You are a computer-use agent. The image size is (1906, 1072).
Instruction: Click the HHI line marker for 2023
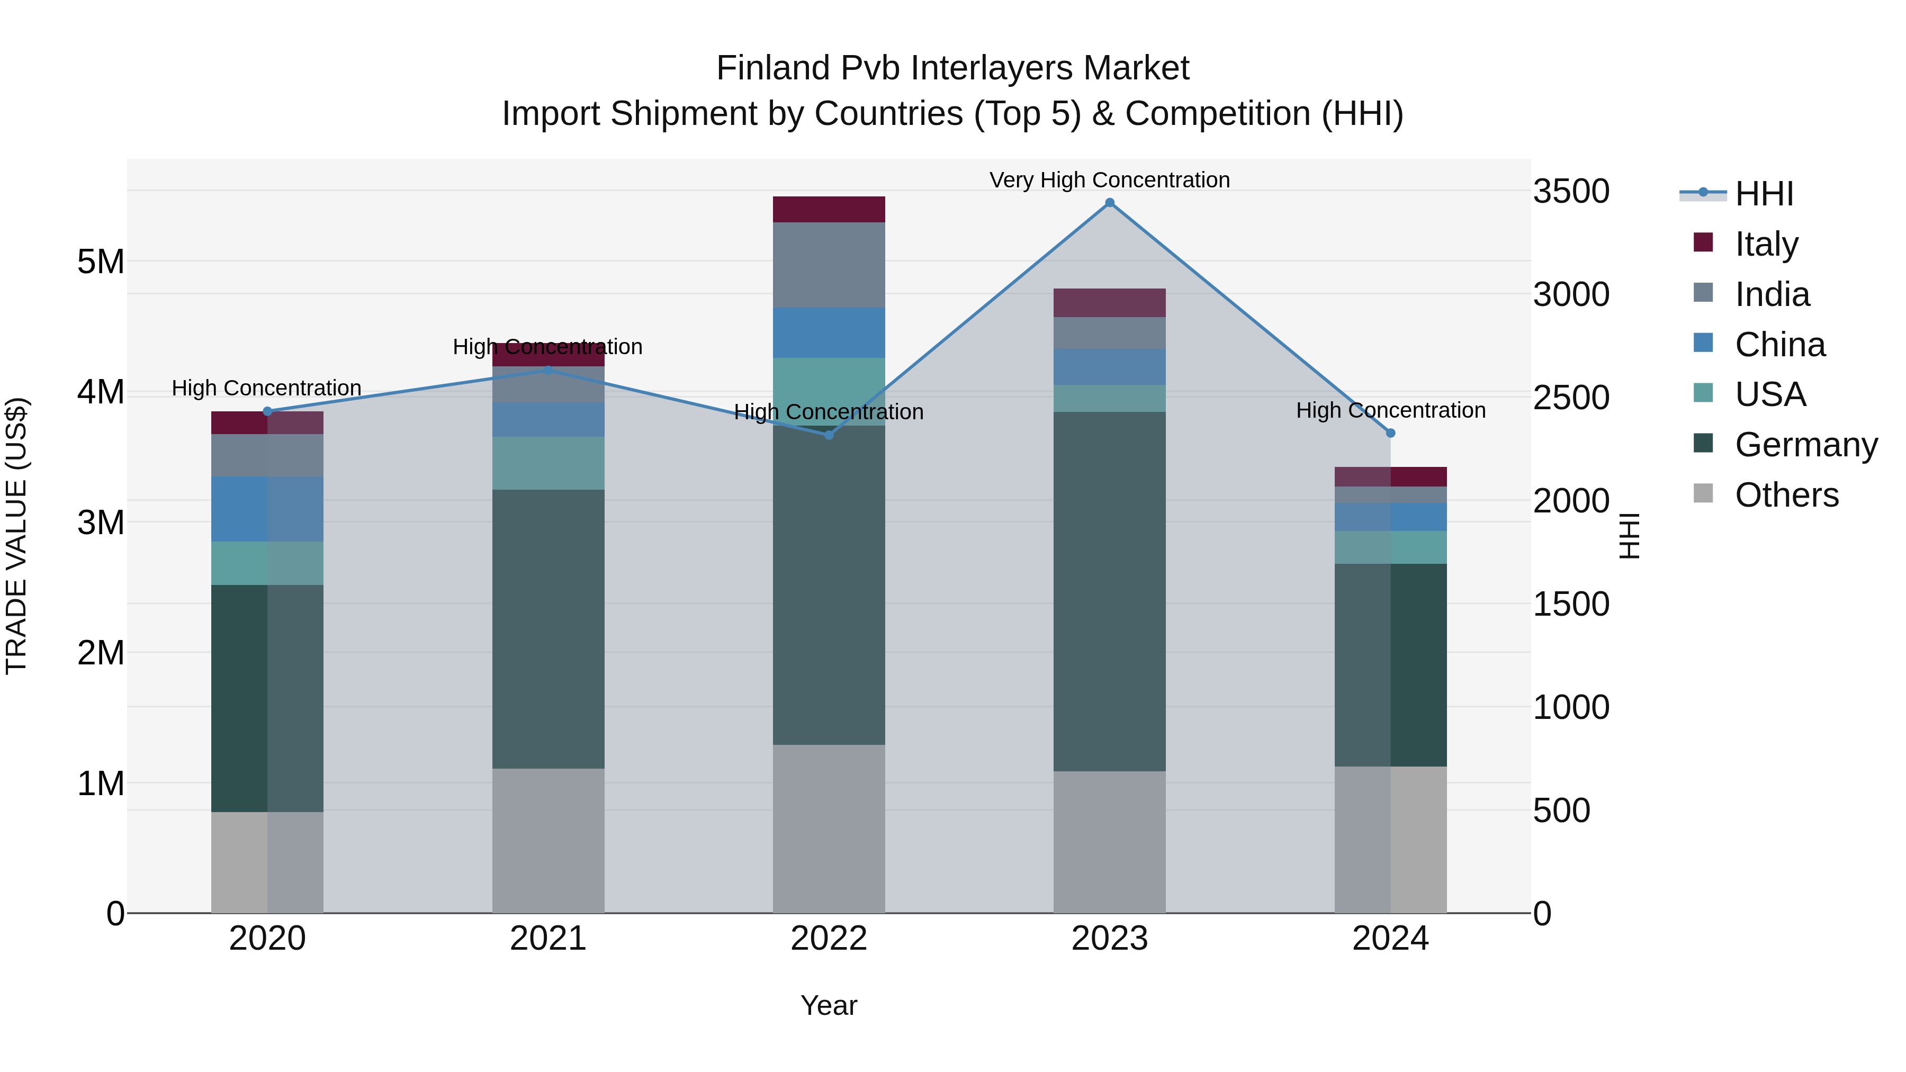point(1109,203)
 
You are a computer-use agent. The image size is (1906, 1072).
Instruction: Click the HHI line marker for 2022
point(829,435)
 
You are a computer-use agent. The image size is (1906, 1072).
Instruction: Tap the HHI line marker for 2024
point(1390,434)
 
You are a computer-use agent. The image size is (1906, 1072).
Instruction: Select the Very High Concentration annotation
point(1109,180)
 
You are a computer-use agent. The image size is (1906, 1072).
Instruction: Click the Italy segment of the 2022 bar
point(829,209)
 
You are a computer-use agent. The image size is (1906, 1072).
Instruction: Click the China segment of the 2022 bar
point(829,333)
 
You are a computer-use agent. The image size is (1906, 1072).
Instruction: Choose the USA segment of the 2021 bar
point(549,463)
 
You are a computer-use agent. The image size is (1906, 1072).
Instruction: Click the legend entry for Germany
point(1805,445)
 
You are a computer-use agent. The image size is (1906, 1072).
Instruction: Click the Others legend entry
point(1786,495)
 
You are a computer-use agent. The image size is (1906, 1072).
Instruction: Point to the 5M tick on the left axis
point(101,262)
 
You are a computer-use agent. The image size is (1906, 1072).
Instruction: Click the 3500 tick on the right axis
point(1571,192)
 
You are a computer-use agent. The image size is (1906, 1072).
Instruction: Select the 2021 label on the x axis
point(549,939)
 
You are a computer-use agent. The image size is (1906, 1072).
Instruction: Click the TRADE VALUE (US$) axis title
point(16,536)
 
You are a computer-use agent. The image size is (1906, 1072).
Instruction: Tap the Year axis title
point(829,1005)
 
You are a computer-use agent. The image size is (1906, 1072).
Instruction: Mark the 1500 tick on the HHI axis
point(1571,605)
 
